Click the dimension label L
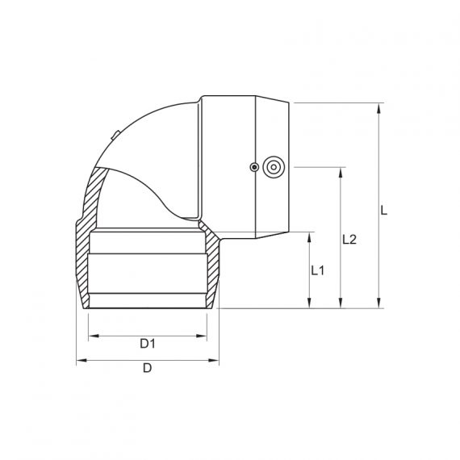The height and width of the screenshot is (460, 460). point(385,210)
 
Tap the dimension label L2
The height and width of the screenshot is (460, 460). point(349,240)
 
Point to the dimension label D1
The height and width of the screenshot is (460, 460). point(147,343)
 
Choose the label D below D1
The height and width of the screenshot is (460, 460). point(147,369)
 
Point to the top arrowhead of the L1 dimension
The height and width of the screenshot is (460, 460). point(310,237)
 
